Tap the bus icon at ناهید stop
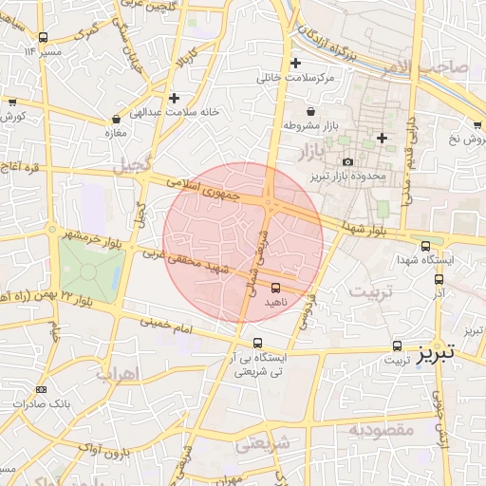click(276, 287)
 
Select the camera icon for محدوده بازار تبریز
click(347, 163)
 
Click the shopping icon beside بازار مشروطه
click(285, 125)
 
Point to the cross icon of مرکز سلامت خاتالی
click(296, 63)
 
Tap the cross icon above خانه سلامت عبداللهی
click(174, 97)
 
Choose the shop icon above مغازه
click(116, 121)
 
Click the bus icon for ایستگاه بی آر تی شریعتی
click(257, 344)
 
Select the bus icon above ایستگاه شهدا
click(424, 245)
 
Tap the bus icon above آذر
click(439, 279)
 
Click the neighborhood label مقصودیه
click(381, 429)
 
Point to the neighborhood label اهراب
click(117, 372)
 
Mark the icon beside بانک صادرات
click(41, 389)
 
